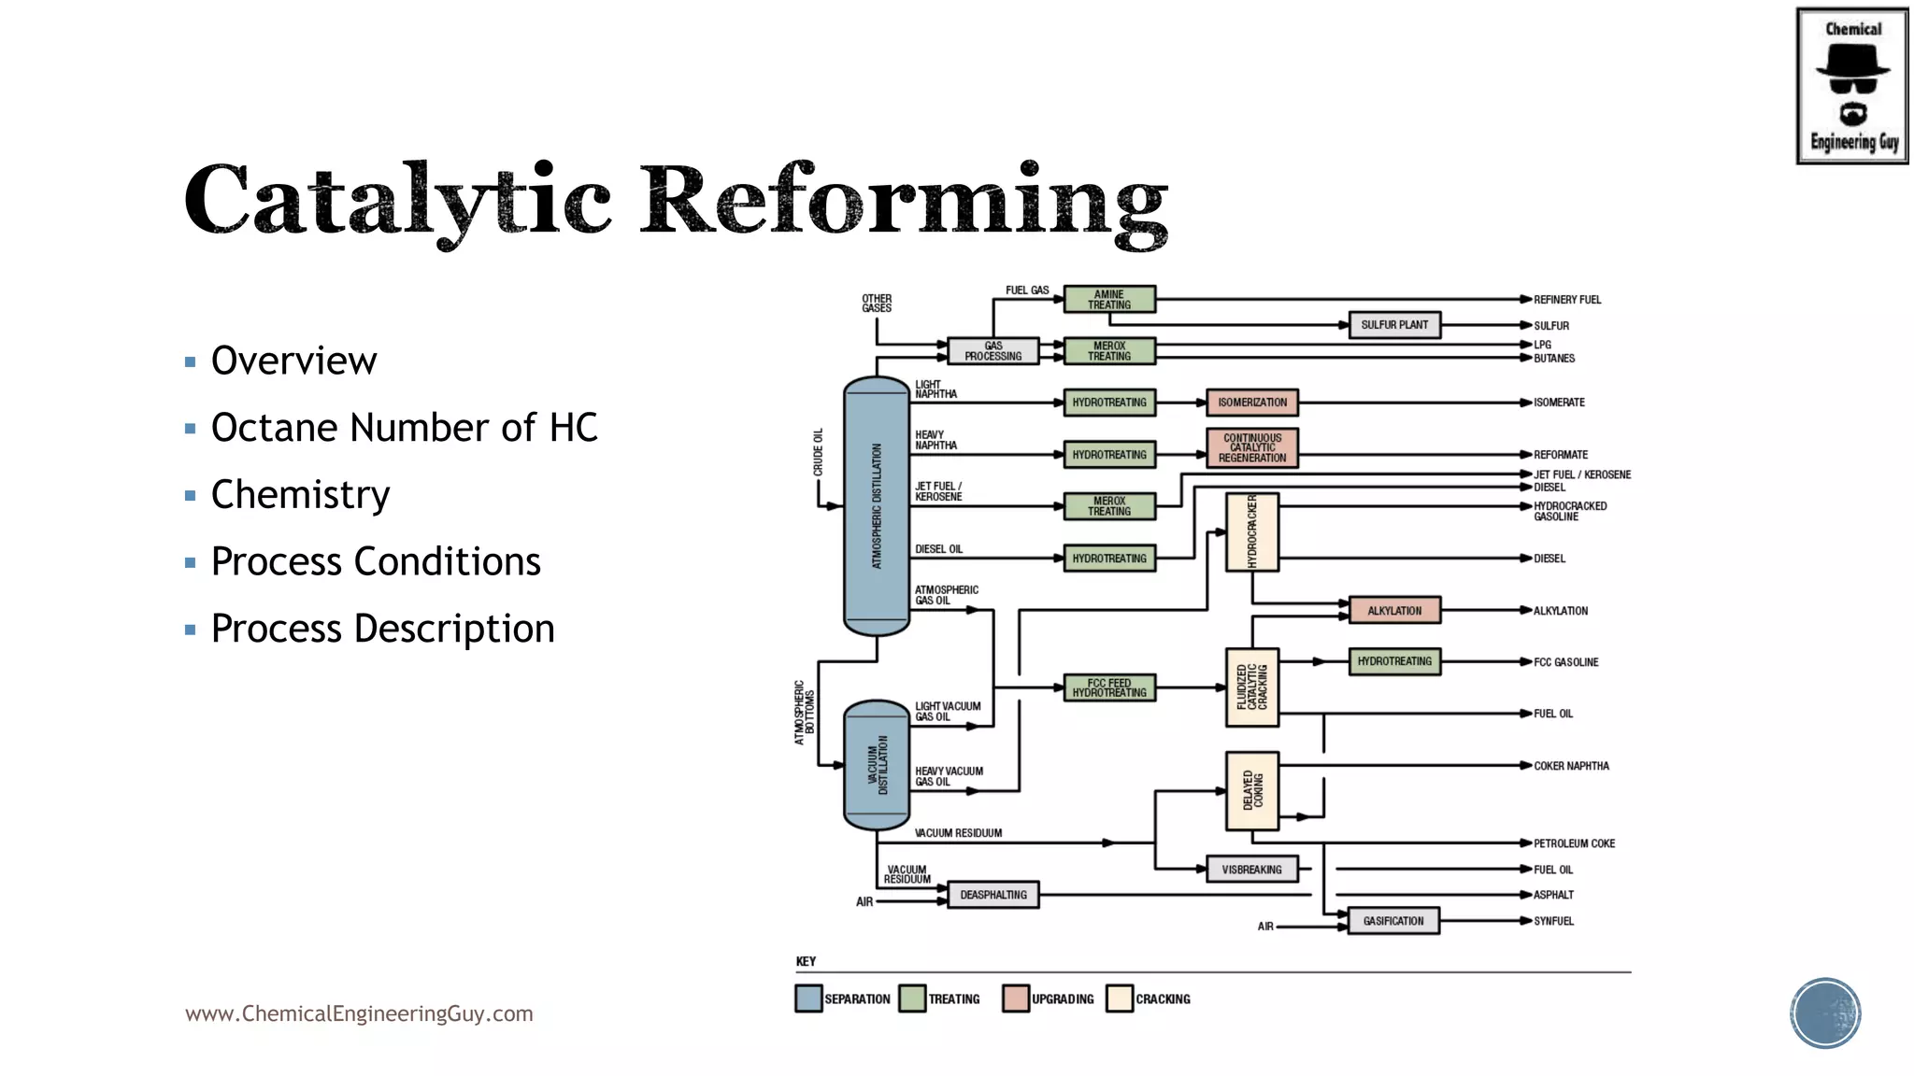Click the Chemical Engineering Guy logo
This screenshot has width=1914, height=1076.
1851,86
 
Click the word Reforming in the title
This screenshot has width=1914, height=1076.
904,201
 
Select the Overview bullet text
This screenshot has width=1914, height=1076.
293,361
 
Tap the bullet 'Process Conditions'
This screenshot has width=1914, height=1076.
376,561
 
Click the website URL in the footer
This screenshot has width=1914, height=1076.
359,1013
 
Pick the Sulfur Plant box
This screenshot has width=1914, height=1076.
1394,325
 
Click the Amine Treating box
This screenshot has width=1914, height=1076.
1109,300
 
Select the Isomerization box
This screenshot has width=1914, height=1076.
1252,403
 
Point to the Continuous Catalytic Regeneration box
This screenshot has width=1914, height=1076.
1252,448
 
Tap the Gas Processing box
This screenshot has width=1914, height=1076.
993,351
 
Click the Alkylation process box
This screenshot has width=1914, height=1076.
1394,611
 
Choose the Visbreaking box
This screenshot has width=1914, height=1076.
1251,870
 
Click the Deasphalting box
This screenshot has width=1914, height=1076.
993,895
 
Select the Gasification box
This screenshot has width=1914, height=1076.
1393,921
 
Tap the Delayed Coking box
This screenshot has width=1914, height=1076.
1252,790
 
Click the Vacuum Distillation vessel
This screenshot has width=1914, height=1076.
877,765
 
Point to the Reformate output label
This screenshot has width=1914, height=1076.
1560,455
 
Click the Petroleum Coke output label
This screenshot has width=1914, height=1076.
1574,843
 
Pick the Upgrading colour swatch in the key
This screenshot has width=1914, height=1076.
1015,998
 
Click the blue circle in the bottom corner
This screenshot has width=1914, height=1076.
1825,1013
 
